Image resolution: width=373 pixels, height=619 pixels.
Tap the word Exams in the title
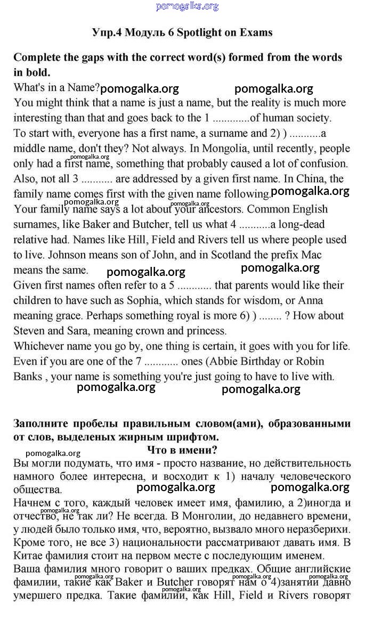(255, 32)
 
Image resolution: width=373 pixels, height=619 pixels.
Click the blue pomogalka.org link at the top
(187, 6)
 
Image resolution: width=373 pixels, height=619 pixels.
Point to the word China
(315, 179)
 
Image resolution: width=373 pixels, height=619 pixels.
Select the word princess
(206, 331)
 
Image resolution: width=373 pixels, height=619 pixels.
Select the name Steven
(29, 331)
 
